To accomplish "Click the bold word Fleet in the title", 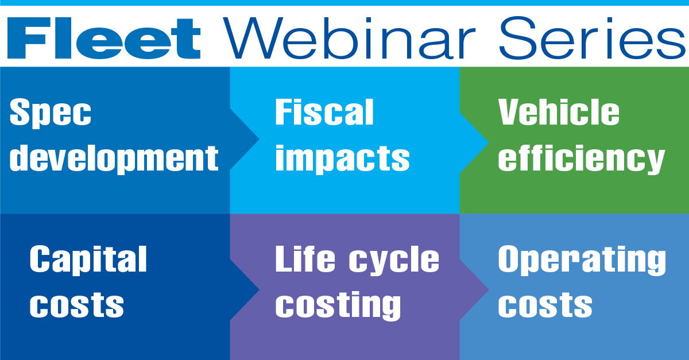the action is point(104,38).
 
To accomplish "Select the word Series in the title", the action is point(593,37).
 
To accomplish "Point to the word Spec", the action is point(51,113).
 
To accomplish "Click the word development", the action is point(114,158).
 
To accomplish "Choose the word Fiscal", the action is point(324,112).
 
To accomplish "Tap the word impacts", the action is point(342,158).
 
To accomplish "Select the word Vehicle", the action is point(559,112).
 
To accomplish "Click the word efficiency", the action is point(581,158).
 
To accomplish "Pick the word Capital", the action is point(88,260).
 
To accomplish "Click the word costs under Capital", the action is point(76,305).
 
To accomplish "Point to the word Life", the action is point(305,259).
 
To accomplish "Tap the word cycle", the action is point(394,260).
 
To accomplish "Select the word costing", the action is point(338,305).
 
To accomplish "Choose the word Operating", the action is point(582,260).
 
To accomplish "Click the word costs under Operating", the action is point(545,305).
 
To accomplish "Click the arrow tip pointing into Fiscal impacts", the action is point(259,139).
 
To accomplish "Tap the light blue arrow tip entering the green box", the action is point(489,142).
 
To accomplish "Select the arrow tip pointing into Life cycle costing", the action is point(259,289).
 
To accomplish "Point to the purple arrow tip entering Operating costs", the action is point(489,289).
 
